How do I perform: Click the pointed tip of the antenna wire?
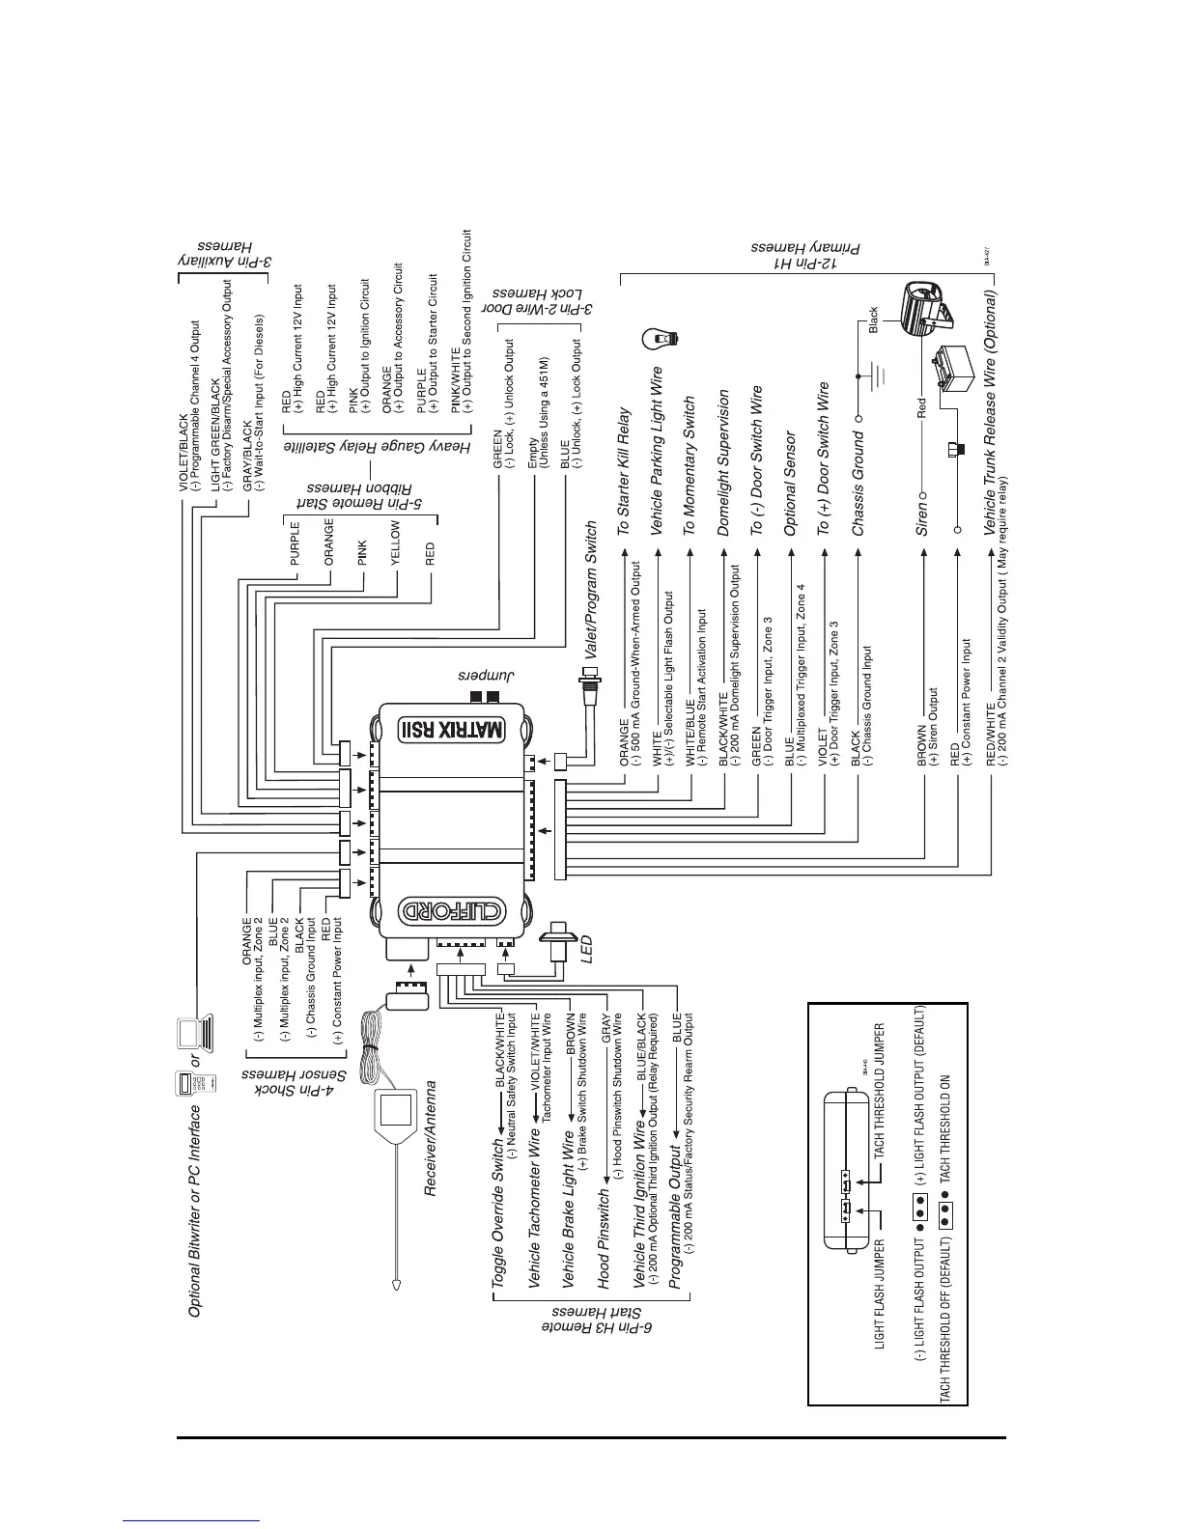[397, 1285]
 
